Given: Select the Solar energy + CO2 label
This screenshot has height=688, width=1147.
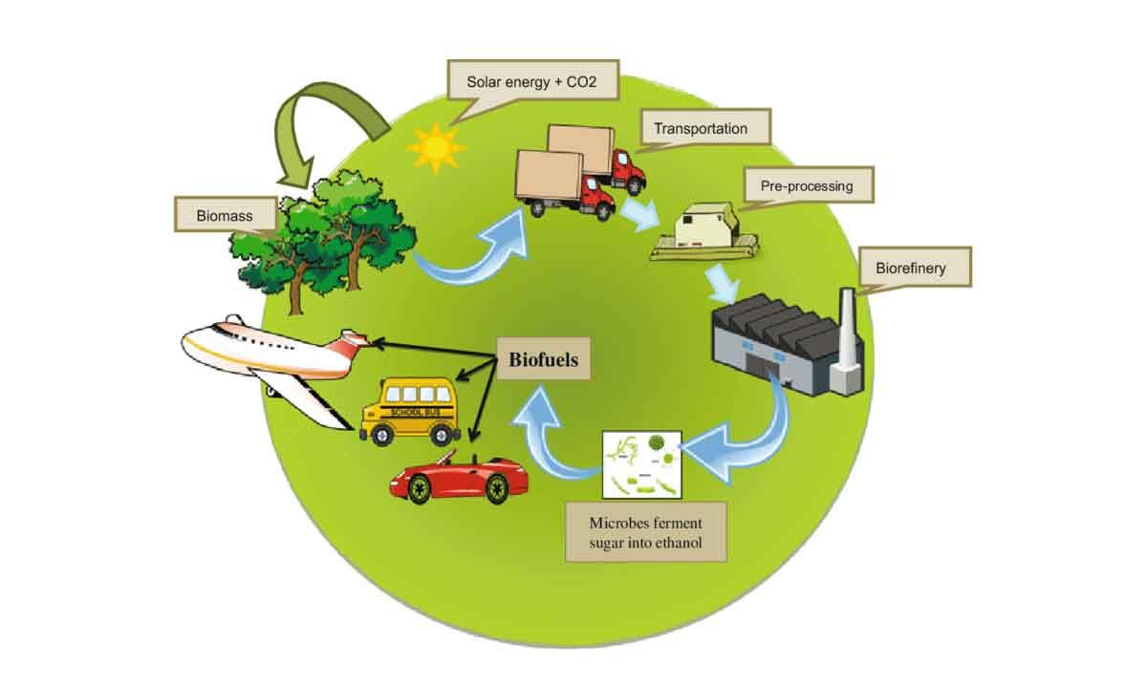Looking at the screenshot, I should [x=532, y=79].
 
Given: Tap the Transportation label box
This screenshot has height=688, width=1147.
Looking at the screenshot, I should [x=701, y=128].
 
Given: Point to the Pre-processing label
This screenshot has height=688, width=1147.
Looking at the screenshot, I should [x=806, y=186].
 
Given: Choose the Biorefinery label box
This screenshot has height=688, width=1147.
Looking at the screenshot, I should [x=910, y=268].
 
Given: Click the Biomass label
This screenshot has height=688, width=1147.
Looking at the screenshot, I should [x=226, y=215].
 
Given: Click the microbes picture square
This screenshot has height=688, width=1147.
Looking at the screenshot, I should [x=641, y=463].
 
